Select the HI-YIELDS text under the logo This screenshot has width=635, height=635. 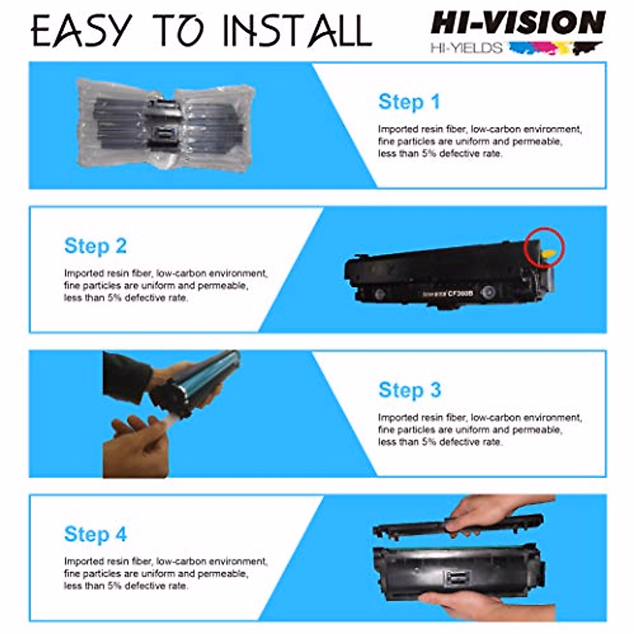(466, 48)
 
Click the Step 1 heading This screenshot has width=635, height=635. (409, 102)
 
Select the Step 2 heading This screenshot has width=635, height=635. (95, 246)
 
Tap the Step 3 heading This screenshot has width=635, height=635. (409, 390)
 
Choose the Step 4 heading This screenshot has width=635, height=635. (95, 534)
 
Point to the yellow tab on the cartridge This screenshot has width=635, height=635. (549, 254)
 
